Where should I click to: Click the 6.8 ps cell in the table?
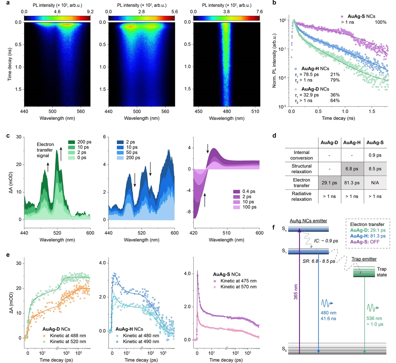[x=351, y=169]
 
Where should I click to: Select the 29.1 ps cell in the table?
[x=329, y=182]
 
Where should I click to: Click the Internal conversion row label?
[x=301, y=155]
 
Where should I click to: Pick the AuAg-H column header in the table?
[x=351, y=143]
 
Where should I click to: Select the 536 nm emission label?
[x=375, y=319]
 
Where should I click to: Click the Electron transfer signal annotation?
[x=45, y=150]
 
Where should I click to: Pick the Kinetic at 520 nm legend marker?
[x=46, y=342]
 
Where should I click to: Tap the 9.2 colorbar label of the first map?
[x=90, y=12]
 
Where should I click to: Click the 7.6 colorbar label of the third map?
[x=260, y=12]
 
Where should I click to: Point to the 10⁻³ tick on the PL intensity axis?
[x=282, y=107]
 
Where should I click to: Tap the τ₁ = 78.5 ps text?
[x=307, y=75]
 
